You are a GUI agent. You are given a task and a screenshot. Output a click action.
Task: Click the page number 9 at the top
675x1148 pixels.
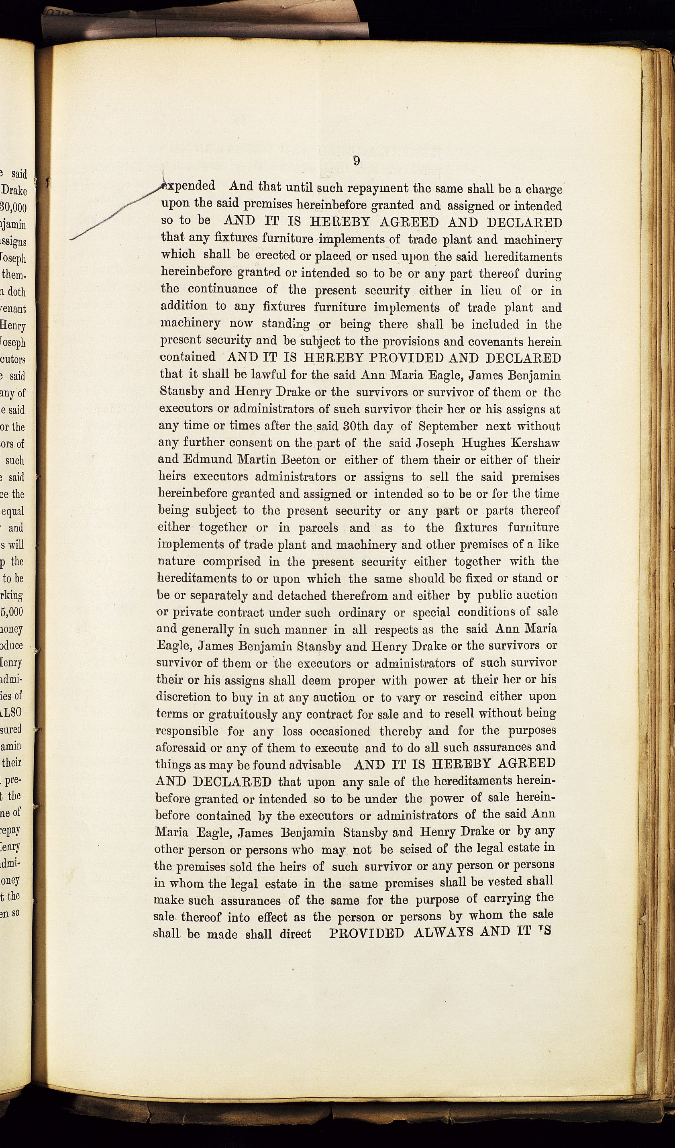[x=357, y=161]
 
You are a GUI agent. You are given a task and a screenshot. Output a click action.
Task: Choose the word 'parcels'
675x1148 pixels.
[x=318, y=527]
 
